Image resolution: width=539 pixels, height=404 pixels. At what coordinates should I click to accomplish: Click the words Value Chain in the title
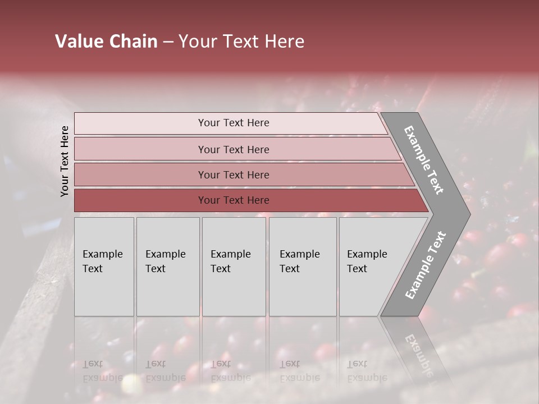pyautogui.click(x=106, y=42)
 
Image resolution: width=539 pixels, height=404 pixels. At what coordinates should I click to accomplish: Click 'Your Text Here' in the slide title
pyautogui.click(x=241, y=42)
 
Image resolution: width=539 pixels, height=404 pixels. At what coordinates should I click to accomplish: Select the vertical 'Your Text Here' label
pyautogui.click(x=65, y=161)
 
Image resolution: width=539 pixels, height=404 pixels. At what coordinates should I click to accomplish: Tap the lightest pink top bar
pyautogui.click(x=140, y=123)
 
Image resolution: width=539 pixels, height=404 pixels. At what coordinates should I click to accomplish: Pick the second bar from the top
pyautogui.click(x=140, y=149)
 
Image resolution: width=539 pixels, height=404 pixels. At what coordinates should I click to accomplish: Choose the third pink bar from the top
pyautogui.click(x=140, y=175)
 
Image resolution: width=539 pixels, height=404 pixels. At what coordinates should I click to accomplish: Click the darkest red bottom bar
pyautogui.click(x=140, y=200)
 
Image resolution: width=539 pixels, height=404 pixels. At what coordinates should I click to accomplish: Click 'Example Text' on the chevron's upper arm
pyautogui.click(x=424, y=160)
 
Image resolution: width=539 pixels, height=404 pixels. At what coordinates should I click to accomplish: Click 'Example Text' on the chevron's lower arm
pyautogui.click(x=426, y=265)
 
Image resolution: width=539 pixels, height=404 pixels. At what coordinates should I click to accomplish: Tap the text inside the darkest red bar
pyautogui.click(x=234, y=200)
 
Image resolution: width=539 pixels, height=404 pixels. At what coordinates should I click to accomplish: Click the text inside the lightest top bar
pyautogui.click(x=234, y=123)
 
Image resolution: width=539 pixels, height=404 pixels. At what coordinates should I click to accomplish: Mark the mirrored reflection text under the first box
pyautogui.click(x=102, y=371)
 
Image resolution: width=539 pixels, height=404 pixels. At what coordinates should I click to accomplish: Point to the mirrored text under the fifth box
pyautogui.click(x=367, y=371)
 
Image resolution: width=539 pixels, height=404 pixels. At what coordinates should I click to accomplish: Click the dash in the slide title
pyautogui.click(x=168, y=42)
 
